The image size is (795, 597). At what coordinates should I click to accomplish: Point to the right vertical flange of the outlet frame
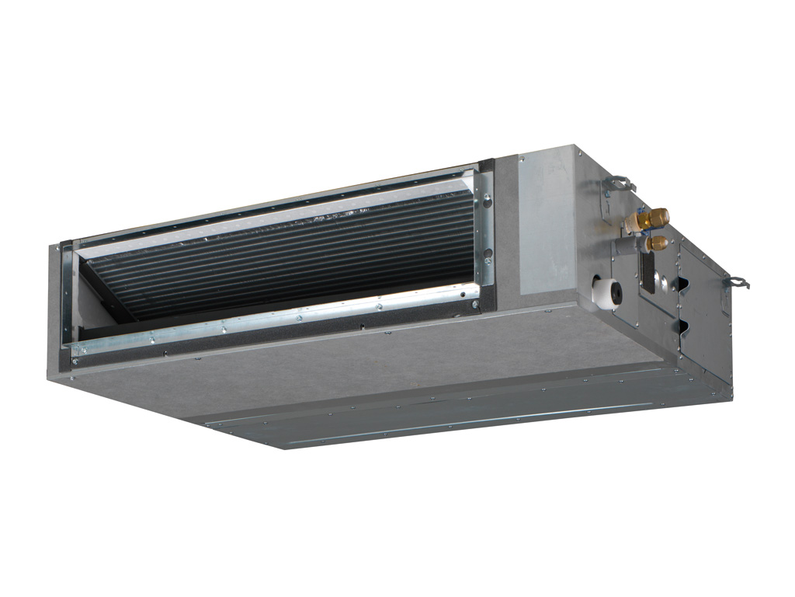coord(486,229)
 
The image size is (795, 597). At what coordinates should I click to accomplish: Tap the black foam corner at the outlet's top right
coord(486,167)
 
